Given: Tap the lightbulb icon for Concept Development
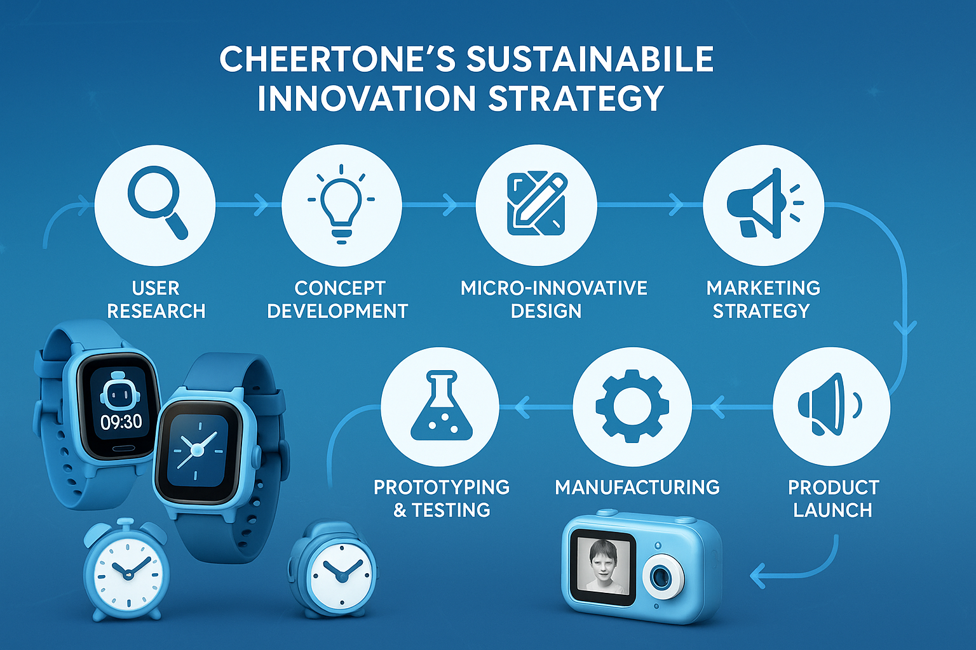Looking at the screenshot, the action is click(x=341, y=204).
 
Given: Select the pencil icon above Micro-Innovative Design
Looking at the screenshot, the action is click(x=537, y=204).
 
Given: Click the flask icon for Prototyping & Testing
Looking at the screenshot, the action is click(x=442, y=406).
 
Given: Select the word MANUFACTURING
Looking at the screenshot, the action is click(x=637, y=487).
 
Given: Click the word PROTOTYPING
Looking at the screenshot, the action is click(x=442, y=487).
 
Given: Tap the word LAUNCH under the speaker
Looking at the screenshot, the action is click(x=832, y=510).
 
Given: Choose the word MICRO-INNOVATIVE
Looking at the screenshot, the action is click(x=554, y=288).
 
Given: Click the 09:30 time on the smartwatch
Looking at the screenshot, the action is click(x=121, y=421).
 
